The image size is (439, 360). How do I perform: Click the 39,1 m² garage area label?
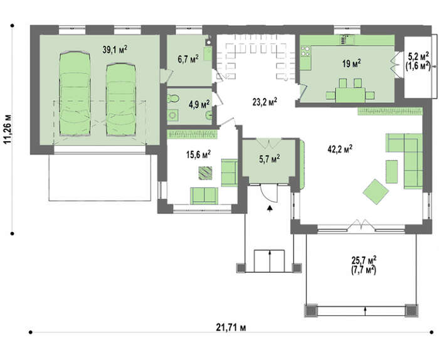click(115, 50)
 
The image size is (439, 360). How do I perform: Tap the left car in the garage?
click(75, 93)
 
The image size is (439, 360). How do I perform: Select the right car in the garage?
click(121, 100)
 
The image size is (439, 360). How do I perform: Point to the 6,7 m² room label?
click(188, 59)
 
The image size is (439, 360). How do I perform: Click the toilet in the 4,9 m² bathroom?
click(174, 98)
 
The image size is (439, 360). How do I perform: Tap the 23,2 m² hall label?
click(265, 102)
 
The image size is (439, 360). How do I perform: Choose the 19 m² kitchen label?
click(351, 63)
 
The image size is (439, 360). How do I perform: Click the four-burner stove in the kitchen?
click(305, 51)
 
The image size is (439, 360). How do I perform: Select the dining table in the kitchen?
click(351, 95)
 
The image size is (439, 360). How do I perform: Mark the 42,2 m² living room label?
click(340, 149)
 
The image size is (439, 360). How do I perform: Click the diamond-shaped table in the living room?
click(376, 192)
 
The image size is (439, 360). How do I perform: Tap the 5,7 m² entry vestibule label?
click(269, 159)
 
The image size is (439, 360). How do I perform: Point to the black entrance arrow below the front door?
click(270, 208)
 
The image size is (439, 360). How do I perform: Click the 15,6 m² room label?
click(198, 154)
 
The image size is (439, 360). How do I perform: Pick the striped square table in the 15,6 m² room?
click(205, 172)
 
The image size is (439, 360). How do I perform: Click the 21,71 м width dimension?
click(231, 327)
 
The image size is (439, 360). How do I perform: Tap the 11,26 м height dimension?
click(8, 129)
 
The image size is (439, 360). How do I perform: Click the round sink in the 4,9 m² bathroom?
click(209, 115)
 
